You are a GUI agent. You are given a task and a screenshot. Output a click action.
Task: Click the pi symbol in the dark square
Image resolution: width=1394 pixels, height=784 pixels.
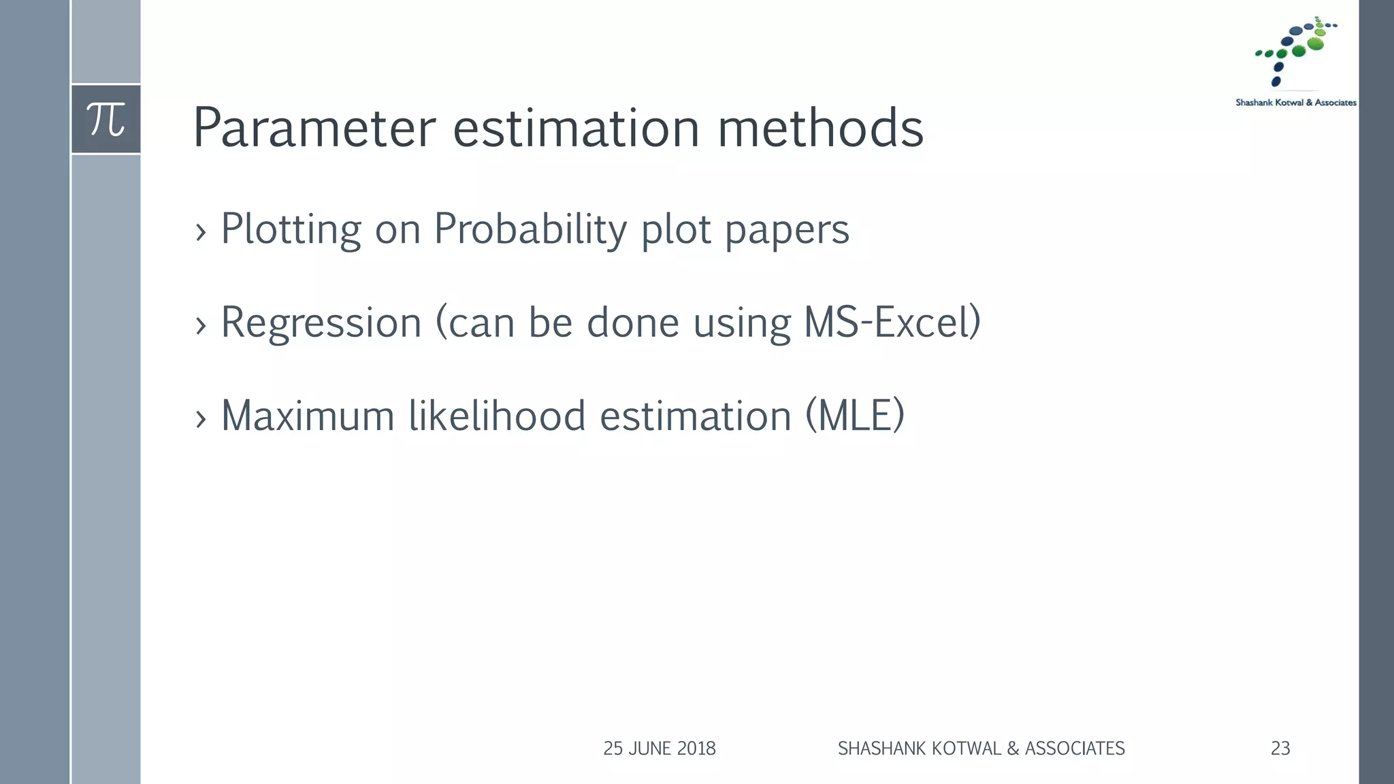tap(106, 120)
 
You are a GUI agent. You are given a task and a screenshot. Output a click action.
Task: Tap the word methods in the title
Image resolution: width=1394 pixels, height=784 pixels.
tap(821, 128)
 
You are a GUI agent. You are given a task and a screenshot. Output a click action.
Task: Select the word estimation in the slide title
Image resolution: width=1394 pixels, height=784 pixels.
tap(576, 128)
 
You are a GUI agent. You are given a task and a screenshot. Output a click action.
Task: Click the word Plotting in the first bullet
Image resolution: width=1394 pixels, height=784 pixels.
tap(291, 229)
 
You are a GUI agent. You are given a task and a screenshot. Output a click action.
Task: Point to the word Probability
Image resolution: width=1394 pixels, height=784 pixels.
tap(530, 229)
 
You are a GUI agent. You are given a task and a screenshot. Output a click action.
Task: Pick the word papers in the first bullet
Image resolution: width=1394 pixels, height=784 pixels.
tap(787, 229)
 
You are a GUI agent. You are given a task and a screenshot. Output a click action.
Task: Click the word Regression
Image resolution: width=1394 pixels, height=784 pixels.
tap(321, 323)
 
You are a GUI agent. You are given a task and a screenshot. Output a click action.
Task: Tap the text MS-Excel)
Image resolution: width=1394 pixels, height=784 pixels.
tap(892, 323)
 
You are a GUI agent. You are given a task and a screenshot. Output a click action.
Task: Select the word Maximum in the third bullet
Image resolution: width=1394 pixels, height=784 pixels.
tap(308, 416)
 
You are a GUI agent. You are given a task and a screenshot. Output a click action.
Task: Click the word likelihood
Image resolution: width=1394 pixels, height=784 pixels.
tap(497, 416)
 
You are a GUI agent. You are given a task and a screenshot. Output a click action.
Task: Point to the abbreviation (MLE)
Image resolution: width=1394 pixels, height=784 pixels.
tap(855, 416)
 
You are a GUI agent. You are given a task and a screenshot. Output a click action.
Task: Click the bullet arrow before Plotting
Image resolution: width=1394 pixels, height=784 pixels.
tap(200, 233)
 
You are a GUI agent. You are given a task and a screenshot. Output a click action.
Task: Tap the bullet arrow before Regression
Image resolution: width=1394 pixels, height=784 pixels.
tap(200, 326)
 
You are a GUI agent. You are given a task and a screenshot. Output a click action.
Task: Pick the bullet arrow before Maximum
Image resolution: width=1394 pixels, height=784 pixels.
tap(200, 419)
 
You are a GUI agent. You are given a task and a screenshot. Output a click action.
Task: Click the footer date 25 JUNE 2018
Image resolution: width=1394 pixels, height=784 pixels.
tap(659, 749)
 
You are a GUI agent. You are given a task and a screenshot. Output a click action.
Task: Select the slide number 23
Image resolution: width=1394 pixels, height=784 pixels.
tap(1280, 749)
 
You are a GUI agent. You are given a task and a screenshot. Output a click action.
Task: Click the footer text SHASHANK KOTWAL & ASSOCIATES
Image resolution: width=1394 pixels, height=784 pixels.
tap(981, 749)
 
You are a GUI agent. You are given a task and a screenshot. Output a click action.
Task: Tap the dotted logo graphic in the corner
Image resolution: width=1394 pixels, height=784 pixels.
tap(1295, 52)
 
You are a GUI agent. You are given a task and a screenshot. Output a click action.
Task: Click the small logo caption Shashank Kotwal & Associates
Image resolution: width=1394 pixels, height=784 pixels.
tap(1295, 103)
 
